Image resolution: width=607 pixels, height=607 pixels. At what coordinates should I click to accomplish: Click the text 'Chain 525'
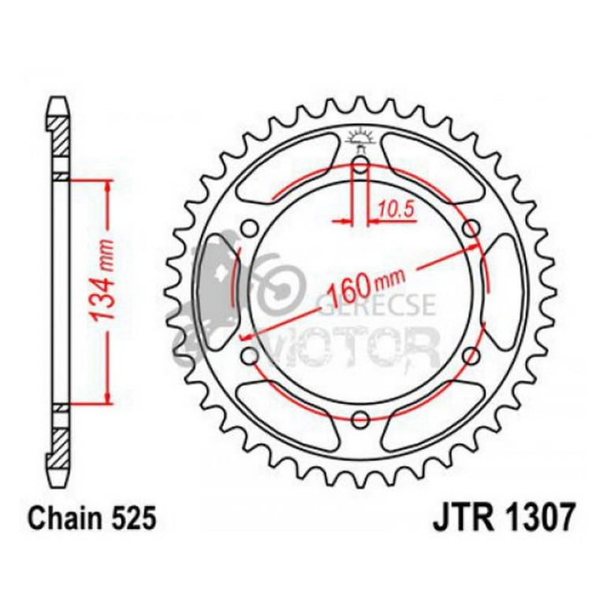pyautogui.click(x=85, y=520)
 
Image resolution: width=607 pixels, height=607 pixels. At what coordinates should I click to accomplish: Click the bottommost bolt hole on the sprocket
pyautogui.click(x=360, y=417)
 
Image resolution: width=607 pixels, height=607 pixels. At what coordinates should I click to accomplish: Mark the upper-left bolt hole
pyautogui.click(x=250, y=229)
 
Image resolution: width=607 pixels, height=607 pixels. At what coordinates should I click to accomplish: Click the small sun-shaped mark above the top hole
pyautogui.click(x=360, y=138)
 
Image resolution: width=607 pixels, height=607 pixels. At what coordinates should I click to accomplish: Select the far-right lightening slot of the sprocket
pyautogui.click(x=505, y=292)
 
